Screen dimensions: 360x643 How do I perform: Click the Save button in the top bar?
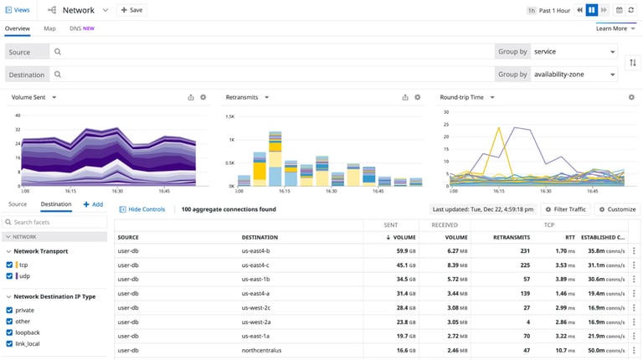131,10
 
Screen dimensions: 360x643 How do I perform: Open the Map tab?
50,28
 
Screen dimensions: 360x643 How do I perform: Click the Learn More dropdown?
614,28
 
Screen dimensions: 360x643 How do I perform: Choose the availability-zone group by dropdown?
574,75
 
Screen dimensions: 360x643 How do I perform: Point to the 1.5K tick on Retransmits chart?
231,116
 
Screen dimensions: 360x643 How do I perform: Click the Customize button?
617,208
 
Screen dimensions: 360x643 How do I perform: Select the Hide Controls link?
142,208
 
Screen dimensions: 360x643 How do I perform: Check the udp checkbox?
9,276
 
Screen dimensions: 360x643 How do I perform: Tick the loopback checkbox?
9,332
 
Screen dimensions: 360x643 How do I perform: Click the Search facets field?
57,222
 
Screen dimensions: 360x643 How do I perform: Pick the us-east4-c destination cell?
256,265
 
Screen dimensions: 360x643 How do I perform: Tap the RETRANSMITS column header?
512,238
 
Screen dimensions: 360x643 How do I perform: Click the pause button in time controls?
592,10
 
